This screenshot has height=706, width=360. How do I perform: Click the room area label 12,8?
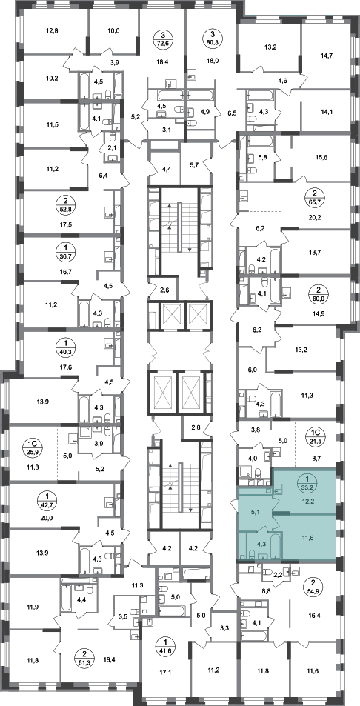(52, 31)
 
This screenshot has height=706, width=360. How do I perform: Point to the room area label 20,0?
(47, 517)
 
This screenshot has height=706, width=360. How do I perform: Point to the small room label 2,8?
(196, 427)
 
